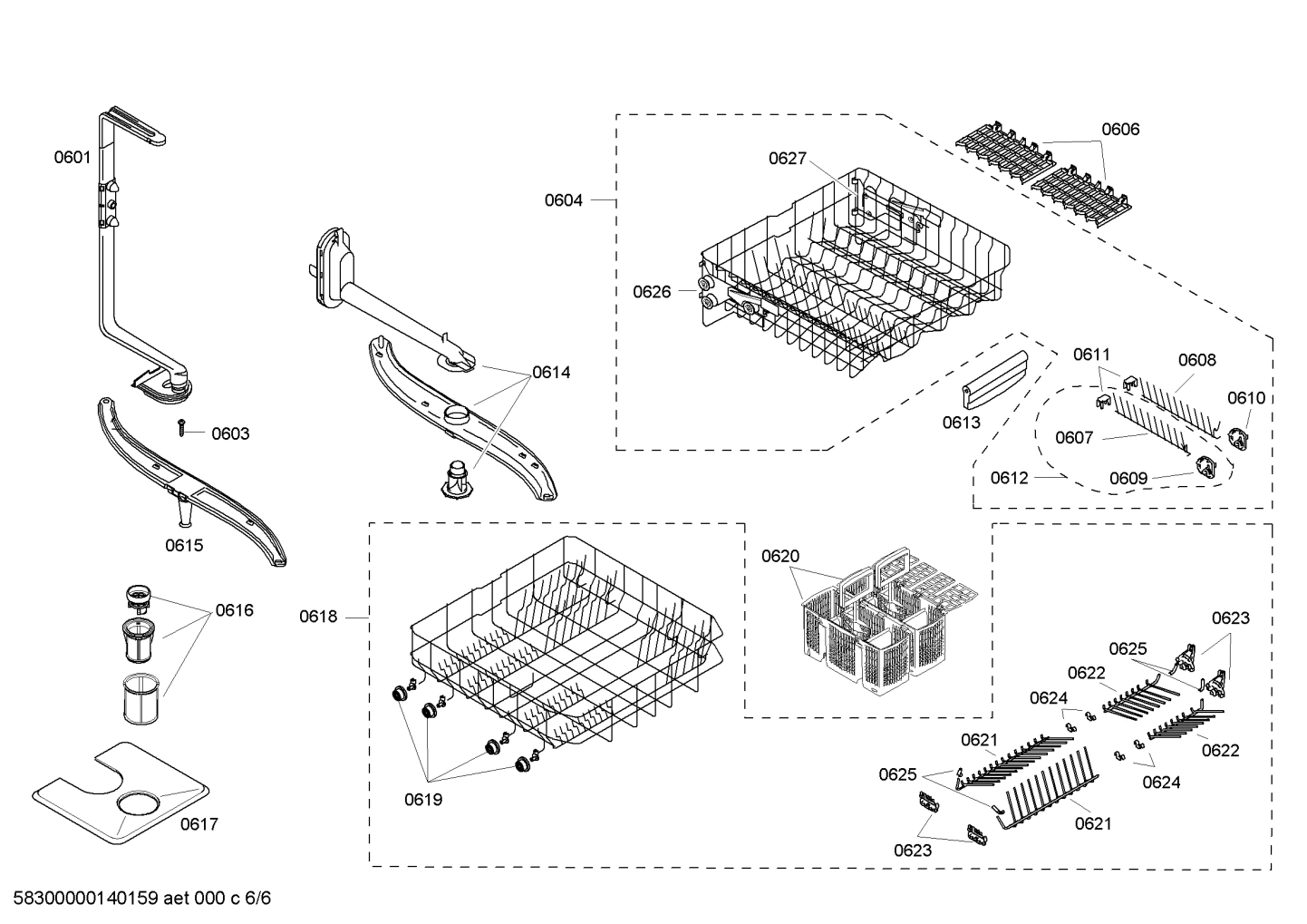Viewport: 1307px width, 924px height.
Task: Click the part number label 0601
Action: click(72, 157)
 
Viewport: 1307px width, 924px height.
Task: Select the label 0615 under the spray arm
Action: click(184, 545)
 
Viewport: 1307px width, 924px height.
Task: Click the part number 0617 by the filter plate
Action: click(198, 823)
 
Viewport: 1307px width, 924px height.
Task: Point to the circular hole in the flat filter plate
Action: click(137, 803)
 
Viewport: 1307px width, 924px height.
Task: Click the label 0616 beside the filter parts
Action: click(234, 610)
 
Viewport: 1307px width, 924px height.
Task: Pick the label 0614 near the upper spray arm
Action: click(551, 372)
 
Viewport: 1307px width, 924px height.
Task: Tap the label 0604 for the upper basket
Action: click(564, 199)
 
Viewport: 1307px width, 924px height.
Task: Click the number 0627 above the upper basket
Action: click(788, 159)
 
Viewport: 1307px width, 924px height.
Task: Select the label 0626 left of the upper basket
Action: click(652, 291)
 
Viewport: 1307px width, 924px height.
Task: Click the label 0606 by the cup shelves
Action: click(1120, 129)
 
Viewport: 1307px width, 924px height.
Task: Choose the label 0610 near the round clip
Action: click(1246, 397)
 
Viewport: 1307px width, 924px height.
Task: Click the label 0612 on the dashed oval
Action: click(1009, 477)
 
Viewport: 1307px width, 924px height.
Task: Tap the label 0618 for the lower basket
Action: click(318, 617)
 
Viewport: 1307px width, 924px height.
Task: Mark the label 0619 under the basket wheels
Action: click(423, 799)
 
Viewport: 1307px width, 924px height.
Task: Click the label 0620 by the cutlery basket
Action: click(780, 556)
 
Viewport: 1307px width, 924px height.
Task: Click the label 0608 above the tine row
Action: click(1196, 360)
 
